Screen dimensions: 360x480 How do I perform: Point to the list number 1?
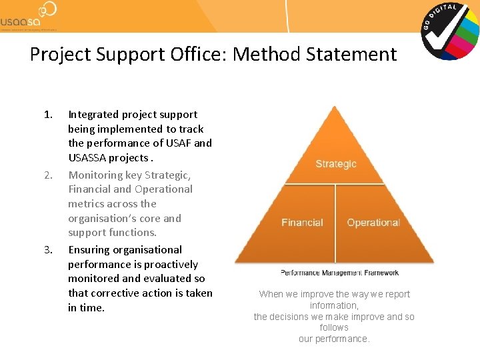[47, 115]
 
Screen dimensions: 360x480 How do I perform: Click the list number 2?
[48, 175]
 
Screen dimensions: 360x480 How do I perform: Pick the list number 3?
[48, 250]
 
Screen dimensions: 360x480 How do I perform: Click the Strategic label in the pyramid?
[336, 164]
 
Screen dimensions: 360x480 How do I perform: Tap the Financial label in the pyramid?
[302, 223]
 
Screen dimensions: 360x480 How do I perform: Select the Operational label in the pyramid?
[373, 223]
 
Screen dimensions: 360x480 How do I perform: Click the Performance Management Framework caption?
[339, 273]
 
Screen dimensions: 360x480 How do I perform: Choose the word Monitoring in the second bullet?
[95, 175]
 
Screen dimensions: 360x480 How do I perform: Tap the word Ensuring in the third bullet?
[91, 250]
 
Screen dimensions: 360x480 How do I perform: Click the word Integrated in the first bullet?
[94, 115]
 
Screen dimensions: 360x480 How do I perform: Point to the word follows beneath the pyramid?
[334, 327]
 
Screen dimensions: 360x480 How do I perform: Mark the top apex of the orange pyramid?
[335, 107]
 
